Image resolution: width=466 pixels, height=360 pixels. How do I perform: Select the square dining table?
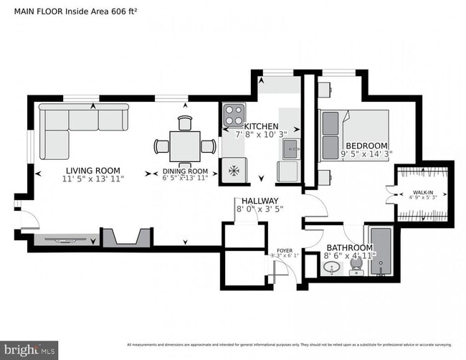click(185, 146)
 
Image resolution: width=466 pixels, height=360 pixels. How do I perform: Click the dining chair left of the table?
click(161, 147)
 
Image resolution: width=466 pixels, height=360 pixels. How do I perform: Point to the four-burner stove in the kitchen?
click(233, 115)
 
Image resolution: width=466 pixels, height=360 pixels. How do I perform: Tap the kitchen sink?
click(290, 149)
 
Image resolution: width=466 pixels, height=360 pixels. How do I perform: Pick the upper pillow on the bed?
click(330, 123)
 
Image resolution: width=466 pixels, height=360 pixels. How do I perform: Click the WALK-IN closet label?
click(422, 192)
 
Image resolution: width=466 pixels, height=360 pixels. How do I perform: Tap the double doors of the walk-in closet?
click(391, 192)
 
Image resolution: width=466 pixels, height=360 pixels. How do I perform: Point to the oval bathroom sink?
click(331, 268)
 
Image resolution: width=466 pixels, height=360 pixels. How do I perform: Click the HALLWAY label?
click(260, 201)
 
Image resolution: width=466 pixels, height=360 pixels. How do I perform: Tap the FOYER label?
click(285, 251)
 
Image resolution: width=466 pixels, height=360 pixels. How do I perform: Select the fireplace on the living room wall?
click(126, 238)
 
